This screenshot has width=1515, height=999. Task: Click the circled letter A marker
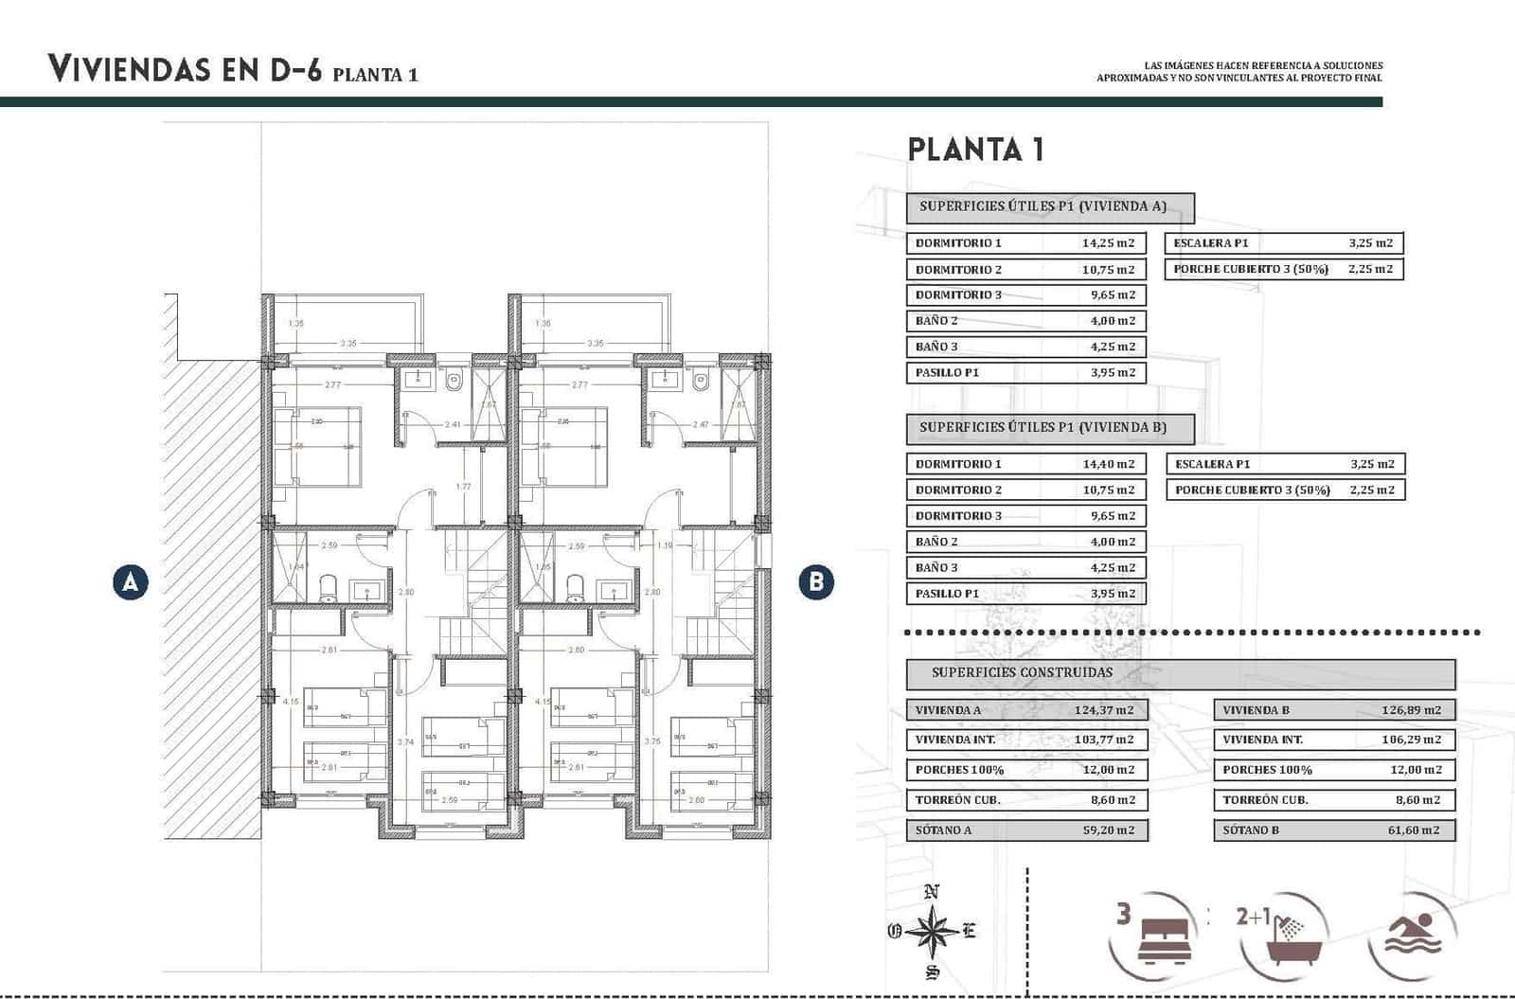130,581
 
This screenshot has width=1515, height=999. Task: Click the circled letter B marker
816,581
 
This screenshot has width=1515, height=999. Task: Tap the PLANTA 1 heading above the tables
975,150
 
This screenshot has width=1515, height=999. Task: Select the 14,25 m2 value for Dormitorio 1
1108,243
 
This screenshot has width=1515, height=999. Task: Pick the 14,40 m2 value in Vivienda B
1108,464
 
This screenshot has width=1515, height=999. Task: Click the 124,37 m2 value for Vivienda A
1103,710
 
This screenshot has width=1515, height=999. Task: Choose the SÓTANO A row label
943,830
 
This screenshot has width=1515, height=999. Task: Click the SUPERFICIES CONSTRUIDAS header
1022,673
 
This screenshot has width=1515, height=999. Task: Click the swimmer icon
1413,935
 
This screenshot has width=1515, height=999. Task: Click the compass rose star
933,932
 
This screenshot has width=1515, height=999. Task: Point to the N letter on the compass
932,891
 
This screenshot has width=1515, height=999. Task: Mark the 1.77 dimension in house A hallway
463,487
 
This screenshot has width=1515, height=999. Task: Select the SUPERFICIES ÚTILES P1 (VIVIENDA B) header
1043,428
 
